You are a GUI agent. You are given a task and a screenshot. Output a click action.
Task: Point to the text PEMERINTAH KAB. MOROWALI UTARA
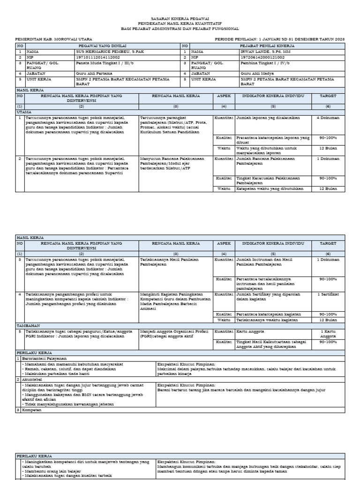click(x=54, y=39)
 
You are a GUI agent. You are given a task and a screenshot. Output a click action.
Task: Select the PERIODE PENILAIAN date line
click(x=279, y=39)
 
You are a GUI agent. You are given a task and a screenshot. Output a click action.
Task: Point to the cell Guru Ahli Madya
click(x=254, y=74)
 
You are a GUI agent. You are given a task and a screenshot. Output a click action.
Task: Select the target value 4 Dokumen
click(x=328, y=118)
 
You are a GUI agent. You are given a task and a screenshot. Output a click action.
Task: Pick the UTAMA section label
click(x=24, y=112)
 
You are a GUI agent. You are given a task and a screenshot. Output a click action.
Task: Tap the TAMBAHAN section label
click(x=28, y=325)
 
